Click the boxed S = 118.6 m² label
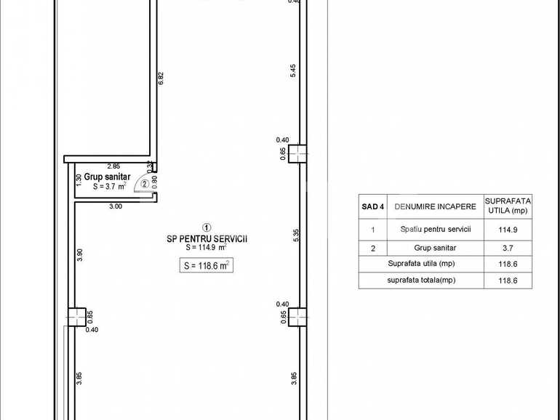[206, 266]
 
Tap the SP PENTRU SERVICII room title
[207, 238]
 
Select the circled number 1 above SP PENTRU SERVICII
[207, 227]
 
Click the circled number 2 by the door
[145, 184]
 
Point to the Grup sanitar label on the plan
[107, 177]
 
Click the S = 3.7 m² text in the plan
[110, 186]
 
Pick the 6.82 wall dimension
[161, 78]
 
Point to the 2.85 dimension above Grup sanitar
[113, 166]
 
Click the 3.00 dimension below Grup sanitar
[116, 206]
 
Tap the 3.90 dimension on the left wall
[80, 255]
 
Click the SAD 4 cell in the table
[373, 206]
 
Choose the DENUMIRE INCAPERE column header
[436, 206]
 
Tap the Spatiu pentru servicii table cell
[436, 230]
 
